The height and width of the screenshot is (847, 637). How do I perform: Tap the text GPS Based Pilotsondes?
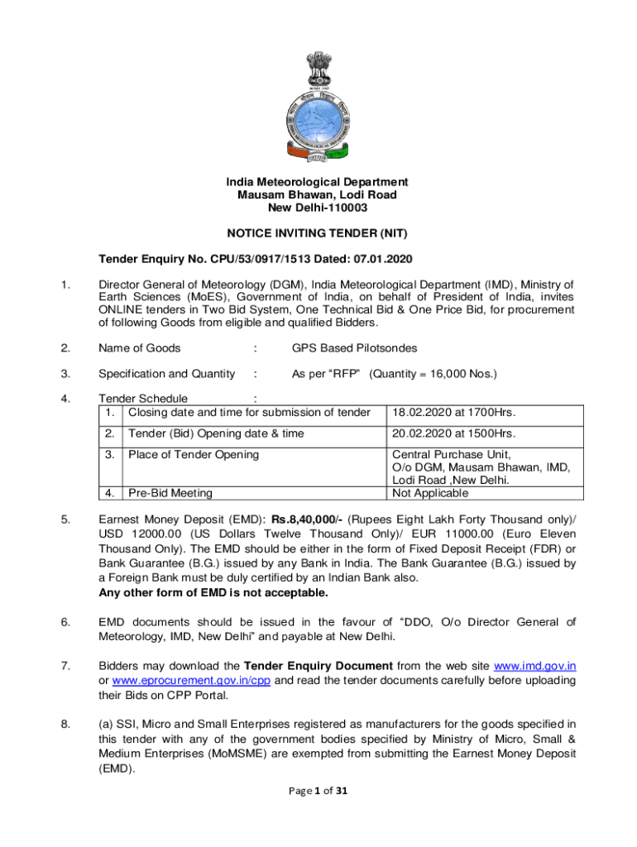click(355, 348)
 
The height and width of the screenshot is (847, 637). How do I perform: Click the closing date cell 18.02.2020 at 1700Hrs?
click(453, 412)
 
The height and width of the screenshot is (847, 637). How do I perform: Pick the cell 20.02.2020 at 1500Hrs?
click(453, 433)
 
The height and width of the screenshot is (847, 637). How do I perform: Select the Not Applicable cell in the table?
click(429, 493)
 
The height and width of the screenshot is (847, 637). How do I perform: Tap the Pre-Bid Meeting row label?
click(170, 493)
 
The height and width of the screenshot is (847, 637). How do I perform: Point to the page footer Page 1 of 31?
click(318, 791)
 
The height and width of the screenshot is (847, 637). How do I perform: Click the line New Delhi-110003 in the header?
click(318, 207)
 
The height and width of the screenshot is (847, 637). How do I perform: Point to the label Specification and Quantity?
click(167, 374)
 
